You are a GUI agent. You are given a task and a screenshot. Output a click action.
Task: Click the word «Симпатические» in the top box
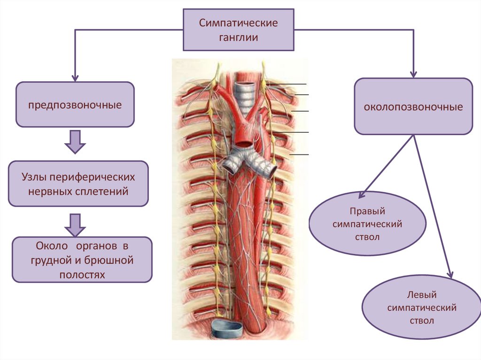[x=238, y=23]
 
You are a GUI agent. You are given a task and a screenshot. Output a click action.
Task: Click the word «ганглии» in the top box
[x=238, y=38]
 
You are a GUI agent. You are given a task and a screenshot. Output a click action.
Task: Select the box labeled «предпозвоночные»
[x=75, y=104]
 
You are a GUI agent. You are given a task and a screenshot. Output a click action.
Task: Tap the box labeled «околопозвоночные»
[x=413, y=107]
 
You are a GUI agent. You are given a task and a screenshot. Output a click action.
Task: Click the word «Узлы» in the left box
[x=35, y=177]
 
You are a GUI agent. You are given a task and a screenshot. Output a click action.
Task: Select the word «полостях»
[x=82, y=274]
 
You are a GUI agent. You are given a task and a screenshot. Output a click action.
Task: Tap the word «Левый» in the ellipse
[x=421, y=295]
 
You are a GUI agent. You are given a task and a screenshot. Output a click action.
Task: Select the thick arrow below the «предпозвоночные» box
[x=75, y=142]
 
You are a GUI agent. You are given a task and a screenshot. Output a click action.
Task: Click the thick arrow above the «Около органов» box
[x=75, y=225]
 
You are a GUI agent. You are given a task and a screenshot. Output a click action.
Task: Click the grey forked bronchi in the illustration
[x=248, y=162]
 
